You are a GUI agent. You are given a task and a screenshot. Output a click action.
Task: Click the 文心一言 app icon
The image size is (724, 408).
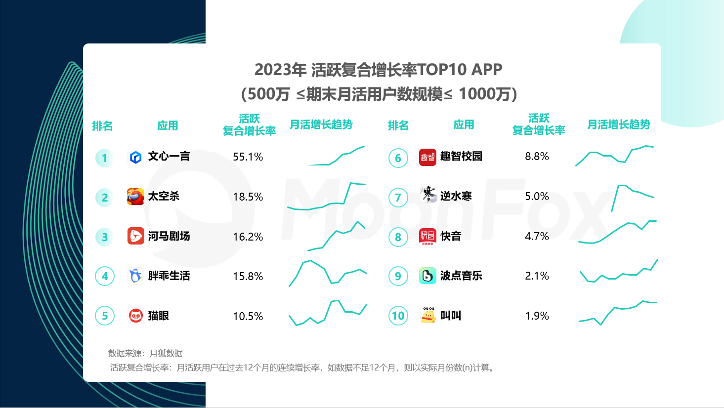pos(135,157)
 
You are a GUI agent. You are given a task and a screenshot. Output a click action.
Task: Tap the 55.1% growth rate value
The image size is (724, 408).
pos(248,157)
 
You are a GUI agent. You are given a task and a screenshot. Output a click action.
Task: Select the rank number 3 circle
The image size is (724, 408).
pos(104,237)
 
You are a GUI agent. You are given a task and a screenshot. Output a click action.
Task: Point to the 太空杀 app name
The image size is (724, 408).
pos(164,197)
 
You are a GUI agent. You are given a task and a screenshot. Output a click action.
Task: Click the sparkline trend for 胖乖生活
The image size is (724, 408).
pos(328,273)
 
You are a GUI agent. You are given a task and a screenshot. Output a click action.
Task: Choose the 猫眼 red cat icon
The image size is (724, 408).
pos(135,316)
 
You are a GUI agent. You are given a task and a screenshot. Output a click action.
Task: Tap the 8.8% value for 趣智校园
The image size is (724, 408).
pos(537,157)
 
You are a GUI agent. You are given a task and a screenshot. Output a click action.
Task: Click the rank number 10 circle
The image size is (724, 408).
pos(398,316)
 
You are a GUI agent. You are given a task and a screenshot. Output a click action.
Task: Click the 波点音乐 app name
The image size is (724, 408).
pos(461,276)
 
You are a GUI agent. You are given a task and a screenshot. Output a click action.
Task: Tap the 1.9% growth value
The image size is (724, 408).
pos(537,316)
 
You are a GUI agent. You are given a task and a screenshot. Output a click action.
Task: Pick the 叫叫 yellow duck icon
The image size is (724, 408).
pos(428,315)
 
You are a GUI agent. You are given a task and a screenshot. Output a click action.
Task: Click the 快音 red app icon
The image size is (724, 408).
pos(427,237)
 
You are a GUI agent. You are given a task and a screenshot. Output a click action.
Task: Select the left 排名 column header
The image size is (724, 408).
pos(102,125)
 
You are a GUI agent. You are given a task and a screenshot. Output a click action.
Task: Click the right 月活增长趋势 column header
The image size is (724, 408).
pos(619,124)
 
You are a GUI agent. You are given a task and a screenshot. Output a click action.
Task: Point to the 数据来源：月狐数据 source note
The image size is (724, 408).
pos(145,353)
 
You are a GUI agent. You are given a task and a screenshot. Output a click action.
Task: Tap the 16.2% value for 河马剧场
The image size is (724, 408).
pos(248,237)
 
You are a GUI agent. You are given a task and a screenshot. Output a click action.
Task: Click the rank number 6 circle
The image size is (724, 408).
pos(398,158)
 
